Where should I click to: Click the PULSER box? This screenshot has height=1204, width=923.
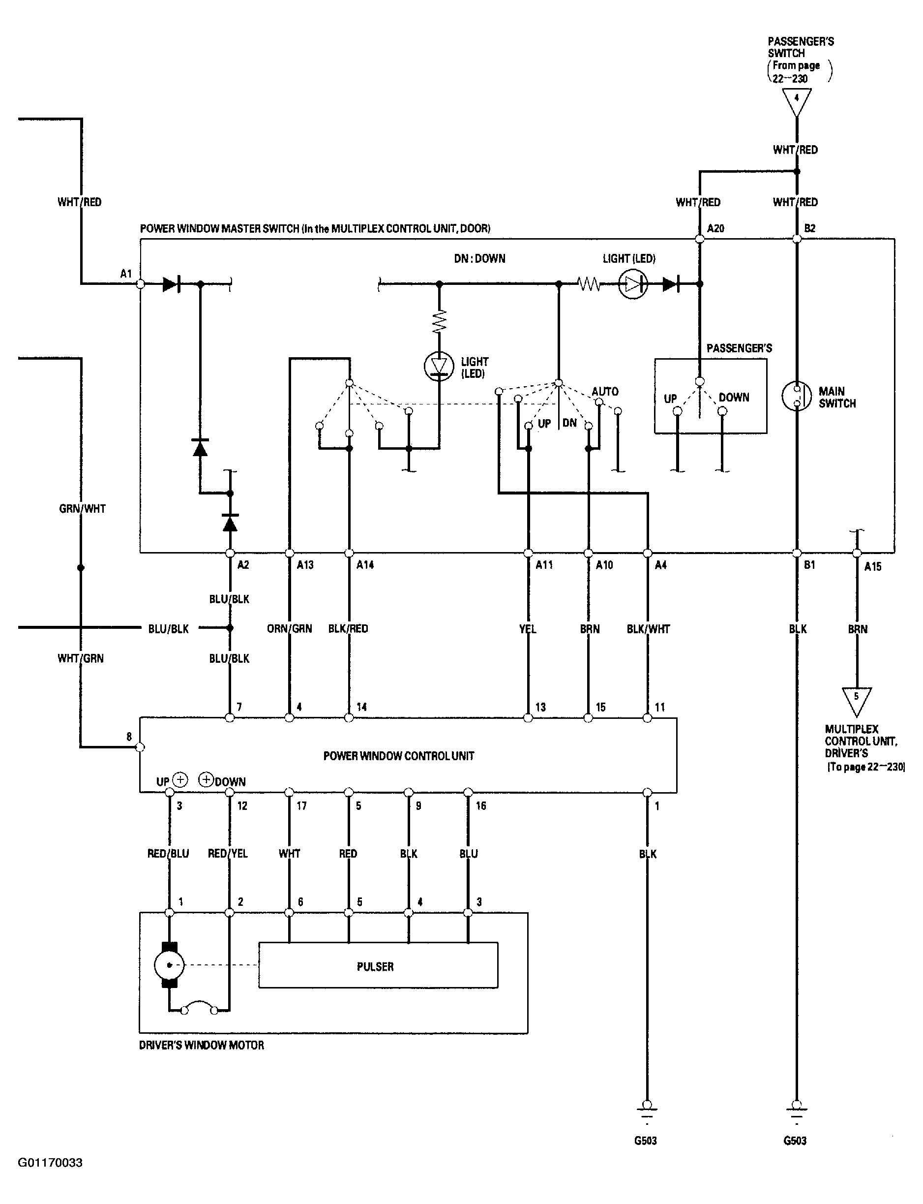coord(378,966)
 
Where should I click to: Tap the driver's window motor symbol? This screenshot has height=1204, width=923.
coord(169,965)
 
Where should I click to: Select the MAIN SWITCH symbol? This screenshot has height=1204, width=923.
coord(797,396)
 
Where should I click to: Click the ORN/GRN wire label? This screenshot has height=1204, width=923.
coord(289,628)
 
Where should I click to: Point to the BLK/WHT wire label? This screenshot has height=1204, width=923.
coord(648,628)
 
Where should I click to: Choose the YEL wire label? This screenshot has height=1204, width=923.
coord(528,628)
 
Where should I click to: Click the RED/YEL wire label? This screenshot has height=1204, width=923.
coord(228,853)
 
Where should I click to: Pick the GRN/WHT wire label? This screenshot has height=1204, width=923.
coord(82,509)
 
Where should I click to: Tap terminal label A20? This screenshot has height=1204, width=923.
coord(716,228)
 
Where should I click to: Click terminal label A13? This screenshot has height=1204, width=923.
coord(305,565)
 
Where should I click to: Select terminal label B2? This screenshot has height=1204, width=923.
coord(810,228)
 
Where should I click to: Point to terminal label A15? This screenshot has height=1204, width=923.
coord(872,566)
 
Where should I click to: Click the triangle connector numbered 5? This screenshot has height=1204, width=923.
coord(856,699)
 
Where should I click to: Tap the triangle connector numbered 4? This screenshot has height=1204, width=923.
coord(796,100)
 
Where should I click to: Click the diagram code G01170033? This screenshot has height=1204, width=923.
coord(50,1162)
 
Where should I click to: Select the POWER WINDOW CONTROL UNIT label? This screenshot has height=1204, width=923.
coord(398,756)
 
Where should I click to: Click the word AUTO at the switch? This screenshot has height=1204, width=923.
coord(605,392)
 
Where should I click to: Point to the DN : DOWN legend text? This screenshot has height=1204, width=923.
coord(479,258)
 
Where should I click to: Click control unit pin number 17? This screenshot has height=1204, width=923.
coord(301,806)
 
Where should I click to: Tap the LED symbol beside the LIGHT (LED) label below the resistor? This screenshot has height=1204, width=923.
coord(439,366)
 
